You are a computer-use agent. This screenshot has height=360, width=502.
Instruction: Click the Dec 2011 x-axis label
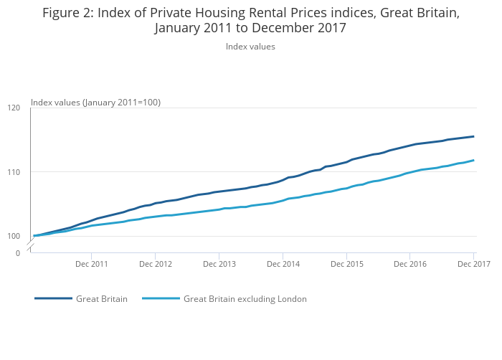(x=92, y=264)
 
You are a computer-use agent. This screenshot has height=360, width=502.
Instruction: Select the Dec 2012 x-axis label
(x=156, y=264)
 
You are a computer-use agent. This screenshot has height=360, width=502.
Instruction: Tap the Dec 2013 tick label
(x=219, y=264)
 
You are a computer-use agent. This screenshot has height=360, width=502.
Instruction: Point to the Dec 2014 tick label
(x=283, y=264)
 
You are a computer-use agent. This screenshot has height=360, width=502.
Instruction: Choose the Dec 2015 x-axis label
(x=346, y=264)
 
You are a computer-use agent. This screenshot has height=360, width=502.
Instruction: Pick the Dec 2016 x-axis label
(x=409, y=264)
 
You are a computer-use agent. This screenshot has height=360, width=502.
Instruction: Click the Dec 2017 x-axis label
(x=473, y=264)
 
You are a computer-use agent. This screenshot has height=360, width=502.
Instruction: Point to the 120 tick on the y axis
(x=14, y=108)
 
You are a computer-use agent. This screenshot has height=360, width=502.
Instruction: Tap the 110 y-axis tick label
(x=14, y=172)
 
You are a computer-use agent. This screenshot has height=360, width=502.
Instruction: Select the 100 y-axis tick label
(x=14, y=236)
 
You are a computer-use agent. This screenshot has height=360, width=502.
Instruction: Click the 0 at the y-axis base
(x=18, y=252)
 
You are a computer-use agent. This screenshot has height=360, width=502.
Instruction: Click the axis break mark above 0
(x=30, y=246)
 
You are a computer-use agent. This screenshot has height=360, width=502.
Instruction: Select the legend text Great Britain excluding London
(x=245, y=299)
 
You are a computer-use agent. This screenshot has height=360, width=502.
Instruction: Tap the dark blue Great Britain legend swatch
(x=53, y=299)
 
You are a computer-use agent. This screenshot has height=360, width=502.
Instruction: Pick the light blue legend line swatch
(x=161, y=299)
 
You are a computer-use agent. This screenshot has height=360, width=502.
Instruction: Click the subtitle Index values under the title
(x=250, y=47)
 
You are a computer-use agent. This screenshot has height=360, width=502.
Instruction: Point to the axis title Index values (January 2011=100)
(x=95, y=103)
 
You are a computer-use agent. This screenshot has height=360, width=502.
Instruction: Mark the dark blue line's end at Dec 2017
(x=473, y=136)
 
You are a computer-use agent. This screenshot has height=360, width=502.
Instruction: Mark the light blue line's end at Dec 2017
(x=473, y=160)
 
